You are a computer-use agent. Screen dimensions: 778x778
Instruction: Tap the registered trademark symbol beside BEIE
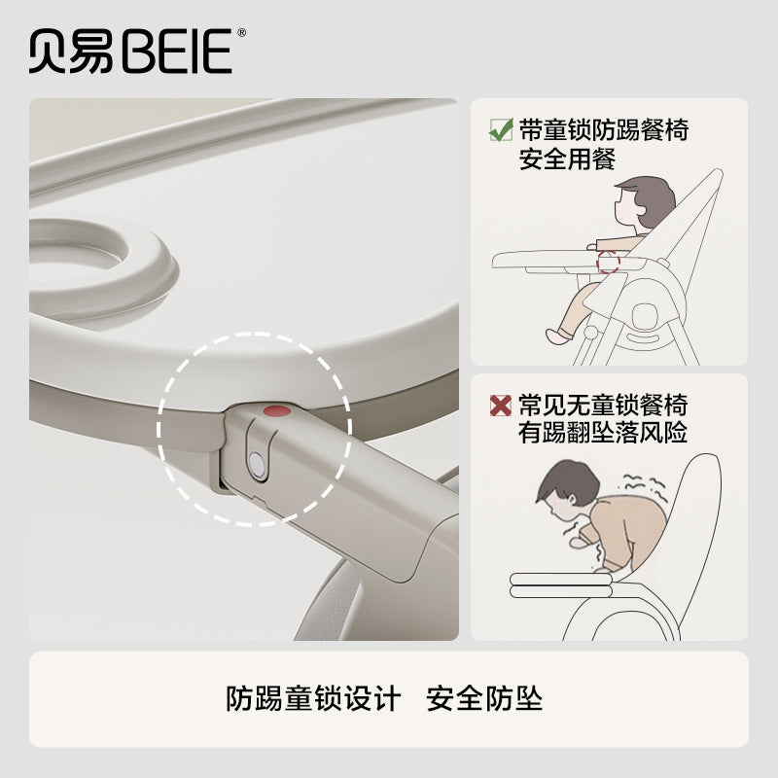click(241, 33)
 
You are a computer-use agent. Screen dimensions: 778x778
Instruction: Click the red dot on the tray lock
click(277, 410)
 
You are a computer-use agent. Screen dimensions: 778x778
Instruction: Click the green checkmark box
click(501, 130)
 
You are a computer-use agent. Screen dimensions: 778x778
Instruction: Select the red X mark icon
click(500, 406)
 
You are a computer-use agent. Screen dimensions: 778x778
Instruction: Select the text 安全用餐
click(567, 159)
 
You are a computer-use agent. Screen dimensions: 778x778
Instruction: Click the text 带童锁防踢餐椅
click(603, 130)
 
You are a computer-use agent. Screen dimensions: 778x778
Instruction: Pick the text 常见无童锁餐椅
click(603, 406)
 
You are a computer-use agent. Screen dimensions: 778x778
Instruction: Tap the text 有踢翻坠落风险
click(603, 433)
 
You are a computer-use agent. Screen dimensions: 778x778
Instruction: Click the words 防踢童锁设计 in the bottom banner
click(313, 699)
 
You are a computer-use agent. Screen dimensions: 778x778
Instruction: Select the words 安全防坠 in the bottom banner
click(484, 699)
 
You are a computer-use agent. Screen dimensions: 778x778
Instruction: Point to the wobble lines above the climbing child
click(643, 482)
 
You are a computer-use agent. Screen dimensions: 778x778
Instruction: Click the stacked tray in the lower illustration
click(561, 585)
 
